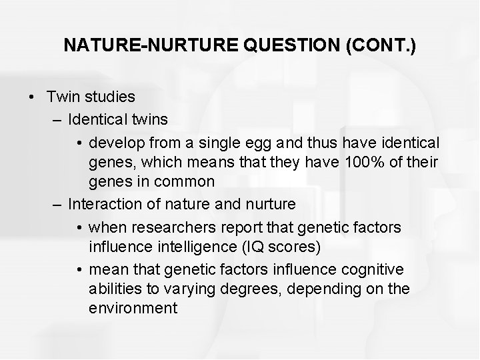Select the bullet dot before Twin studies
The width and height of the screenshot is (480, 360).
click(x=31, y=97)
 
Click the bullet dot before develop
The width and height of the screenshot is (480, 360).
click(x=79, y=143)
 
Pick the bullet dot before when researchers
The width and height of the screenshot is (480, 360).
click(x=79, y=228)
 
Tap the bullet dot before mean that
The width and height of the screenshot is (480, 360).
click(x=79, y=270)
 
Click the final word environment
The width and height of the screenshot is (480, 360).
click(x=133, y=308)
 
